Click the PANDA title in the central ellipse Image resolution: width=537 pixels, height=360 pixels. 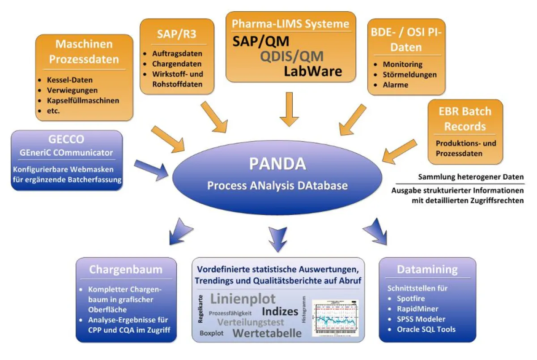pyautogui.click(x=277, y=164)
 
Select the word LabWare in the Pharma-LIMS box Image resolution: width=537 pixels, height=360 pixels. pyautogui.click(x=313, y=71)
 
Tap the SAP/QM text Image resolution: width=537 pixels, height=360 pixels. pyautogui.click(x=261, y=42)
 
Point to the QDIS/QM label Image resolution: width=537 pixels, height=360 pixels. pyautogui.click(x=286, y=56)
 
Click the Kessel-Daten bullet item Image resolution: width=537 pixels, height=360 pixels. pyautogui.click(x=70, y=80)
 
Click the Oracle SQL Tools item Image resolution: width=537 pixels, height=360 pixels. pyautogui.click(x=426, y=329)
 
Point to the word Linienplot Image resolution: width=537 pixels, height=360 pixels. pyautogui.click(x=243, y=299)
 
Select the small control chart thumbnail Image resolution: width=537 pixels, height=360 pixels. pyautogui.click(x=336, y=318)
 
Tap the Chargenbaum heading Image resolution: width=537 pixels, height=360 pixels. pyautogui.click(x=125, y=270)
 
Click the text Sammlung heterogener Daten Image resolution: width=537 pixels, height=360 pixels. pyautogui.click(x=471, y=177)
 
